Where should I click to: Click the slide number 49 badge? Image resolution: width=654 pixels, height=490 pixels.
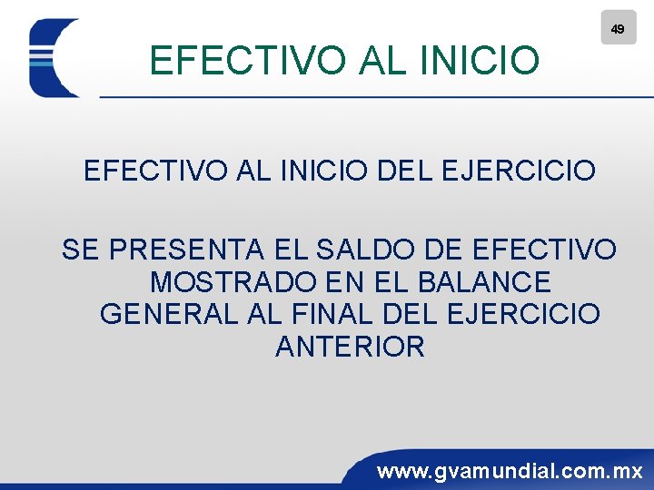(618, 28)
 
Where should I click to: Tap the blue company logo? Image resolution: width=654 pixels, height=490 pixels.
(54, 58)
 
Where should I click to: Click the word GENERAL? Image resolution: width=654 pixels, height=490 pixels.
(169, 314)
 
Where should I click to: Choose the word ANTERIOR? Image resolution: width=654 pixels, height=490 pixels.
(350, 347)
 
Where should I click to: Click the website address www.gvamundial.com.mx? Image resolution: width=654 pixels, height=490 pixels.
(510, 471)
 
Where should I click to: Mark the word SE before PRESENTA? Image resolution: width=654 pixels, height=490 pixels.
(79, 249)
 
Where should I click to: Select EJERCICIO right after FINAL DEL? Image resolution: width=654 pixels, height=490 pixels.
(524, 314)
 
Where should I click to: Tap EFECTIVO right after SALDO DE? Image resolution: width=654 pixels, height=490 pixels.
(546, 249)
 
